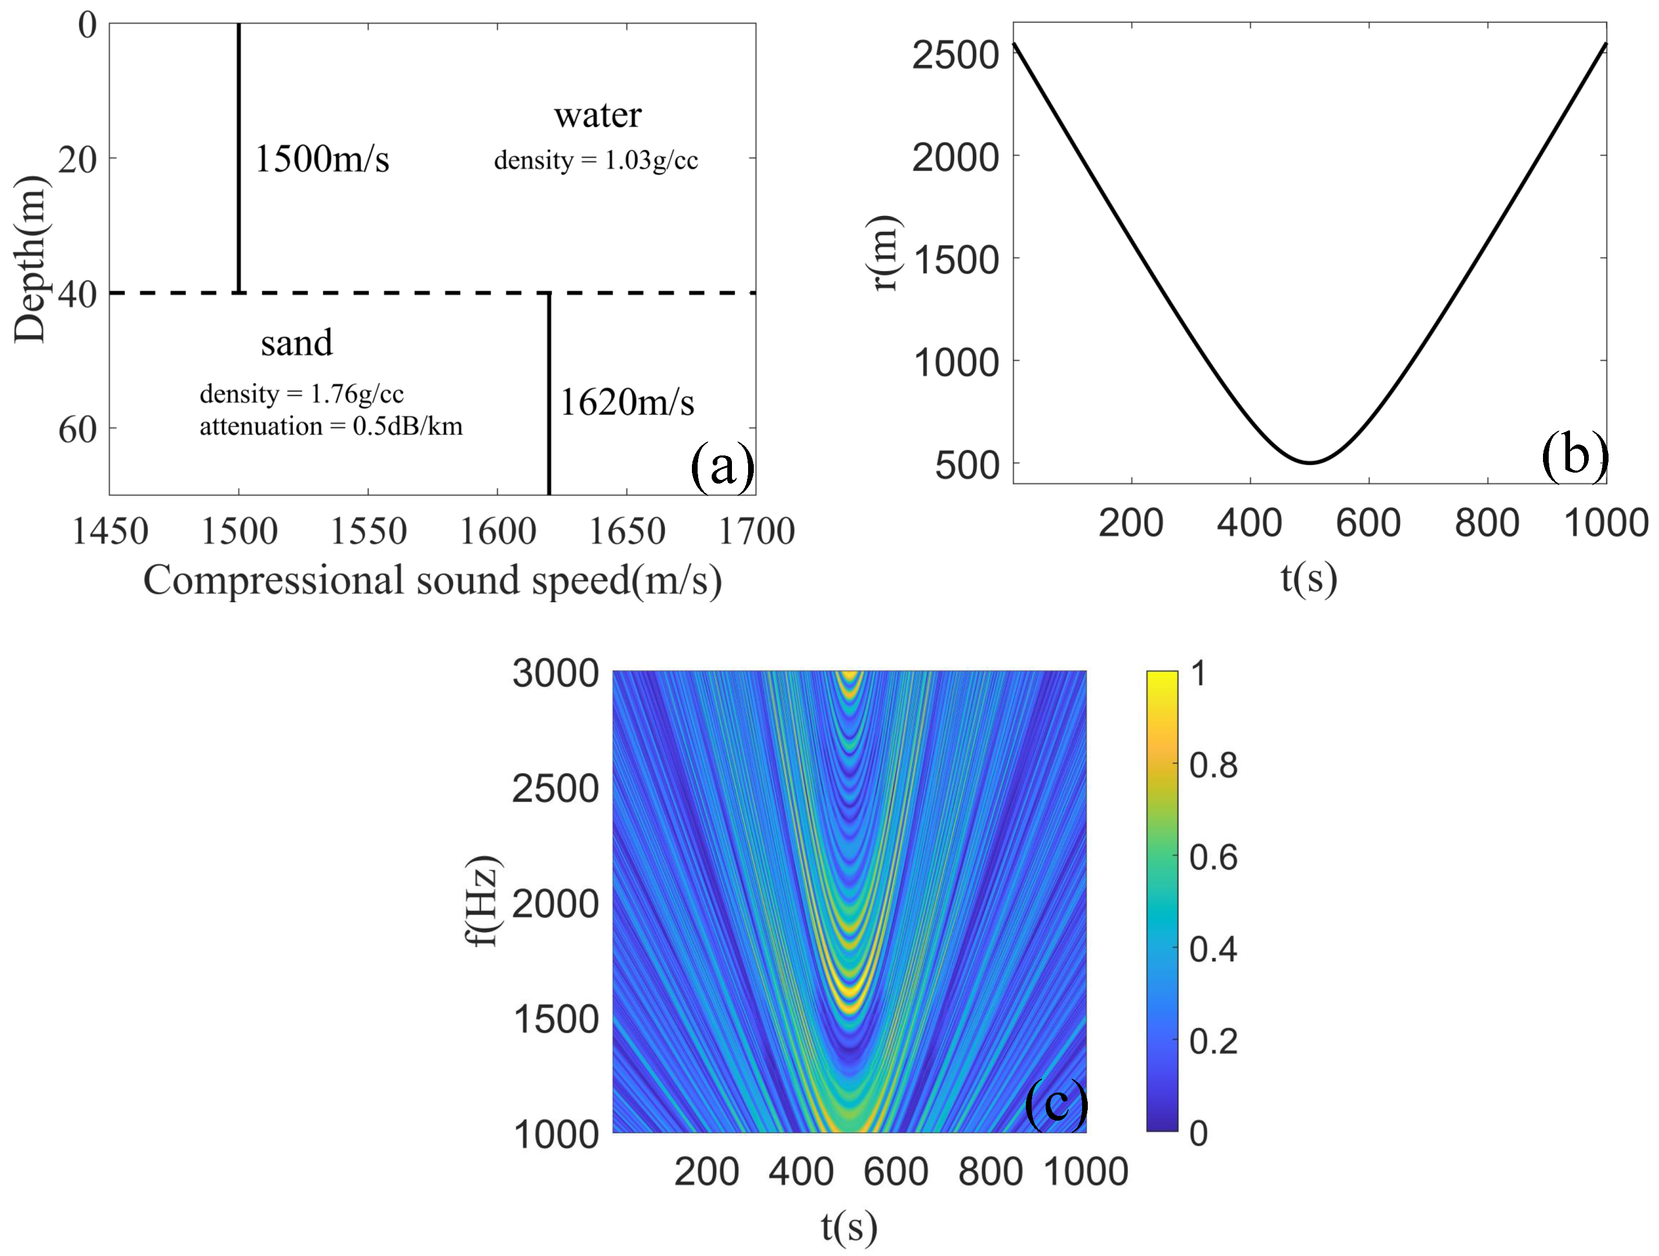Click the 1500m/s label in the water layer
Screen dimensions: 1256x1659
pyautogui.click(x=323, y=159)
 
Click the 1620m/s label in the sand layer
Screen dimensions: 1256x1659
pyautogui.click(x=627, y=403)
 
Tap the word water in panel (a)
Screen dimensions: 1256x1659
pyautogui.click(x=598, y=116)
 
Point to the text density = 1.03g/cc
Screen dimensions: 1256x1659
pyautogui.click(x=596, y=160)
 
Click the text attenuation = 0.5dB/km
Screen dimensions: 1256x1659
pyautogui.click(x=331, y=427)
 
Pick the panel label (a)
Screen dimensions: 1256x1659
pyautogui.click(x=722, y=467)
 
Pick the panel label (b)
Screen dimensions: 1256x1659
pyautogui.click(x=1574, y=455)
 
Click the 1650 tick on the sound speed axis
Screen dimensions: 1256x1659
pyautogui.click(x=627, y=532)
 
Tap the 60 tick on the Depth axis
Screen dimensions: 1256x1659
pyautogui.click(x=78, y=430)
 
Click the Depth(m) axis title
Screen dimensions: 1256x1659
pyautogui.click(x=32, y=259)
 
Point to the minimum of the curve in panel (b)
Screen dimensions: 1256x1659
pyautogui.click(x=1309, y=462)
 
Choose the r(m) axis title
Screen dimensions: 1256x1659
pyautogui.click(x=885, y=253)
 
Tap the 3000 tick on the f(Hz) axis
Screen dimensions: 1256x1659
pyautogui.click(x=556, y=673)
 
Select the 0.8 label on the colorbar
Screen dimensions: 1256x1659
pyautogui.click(x=1213, y=765)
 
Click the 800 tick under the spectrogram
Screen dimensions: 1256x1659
pyautogui.click(x=990, y=1171)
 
